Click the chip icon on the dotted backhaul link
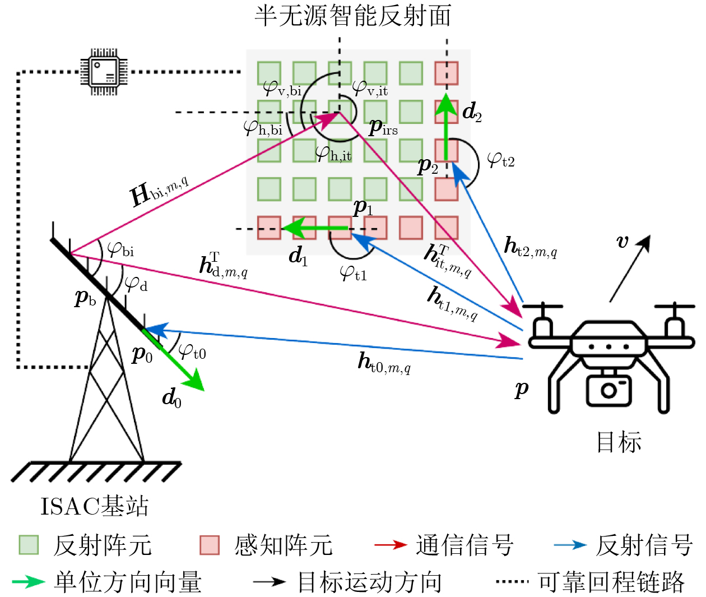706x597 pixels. click(104, 72)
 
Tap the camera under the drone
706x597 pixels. click(609, 390)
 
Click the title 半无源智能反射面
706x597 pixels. click(353, 15)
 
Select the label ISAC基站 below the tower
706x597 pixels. click(94, 506)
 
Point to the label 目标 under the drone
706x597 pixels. click(619, 442)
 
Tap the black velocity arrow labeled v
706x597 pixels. click(630, 269)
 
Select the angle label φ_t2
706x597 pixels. click(501, 160)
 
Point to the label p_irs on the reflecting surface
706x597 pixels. click(383, 128)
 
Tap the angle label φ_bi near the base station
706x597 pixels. click(120, 250)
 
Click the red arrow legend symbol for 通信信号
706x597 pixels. click(391, 545)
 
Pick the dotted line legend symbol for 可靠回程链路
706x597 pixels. click(512, 581)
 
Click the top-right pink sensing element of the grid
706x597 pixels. click(447, 73)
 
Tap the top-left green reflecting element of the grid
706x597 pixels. click(269, 73)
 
